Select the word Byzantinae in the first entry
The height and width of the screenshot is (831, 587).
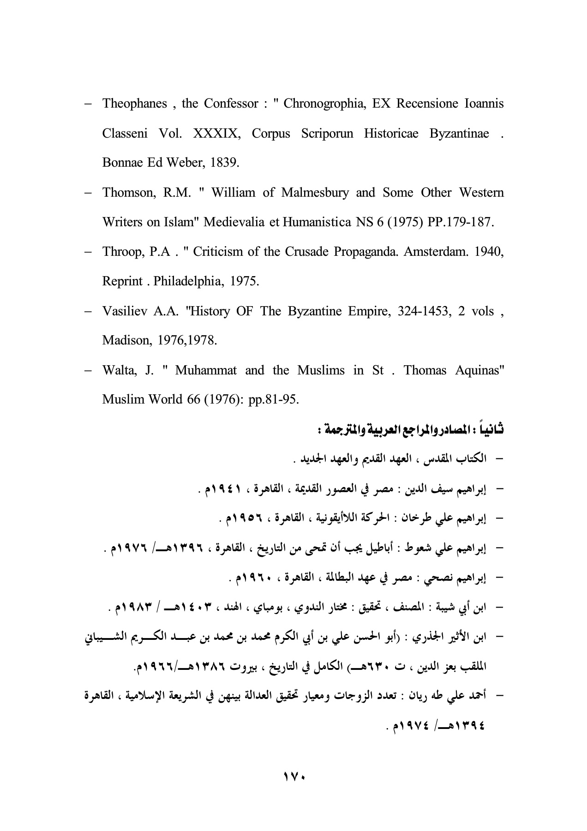(x=459, y=134)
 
